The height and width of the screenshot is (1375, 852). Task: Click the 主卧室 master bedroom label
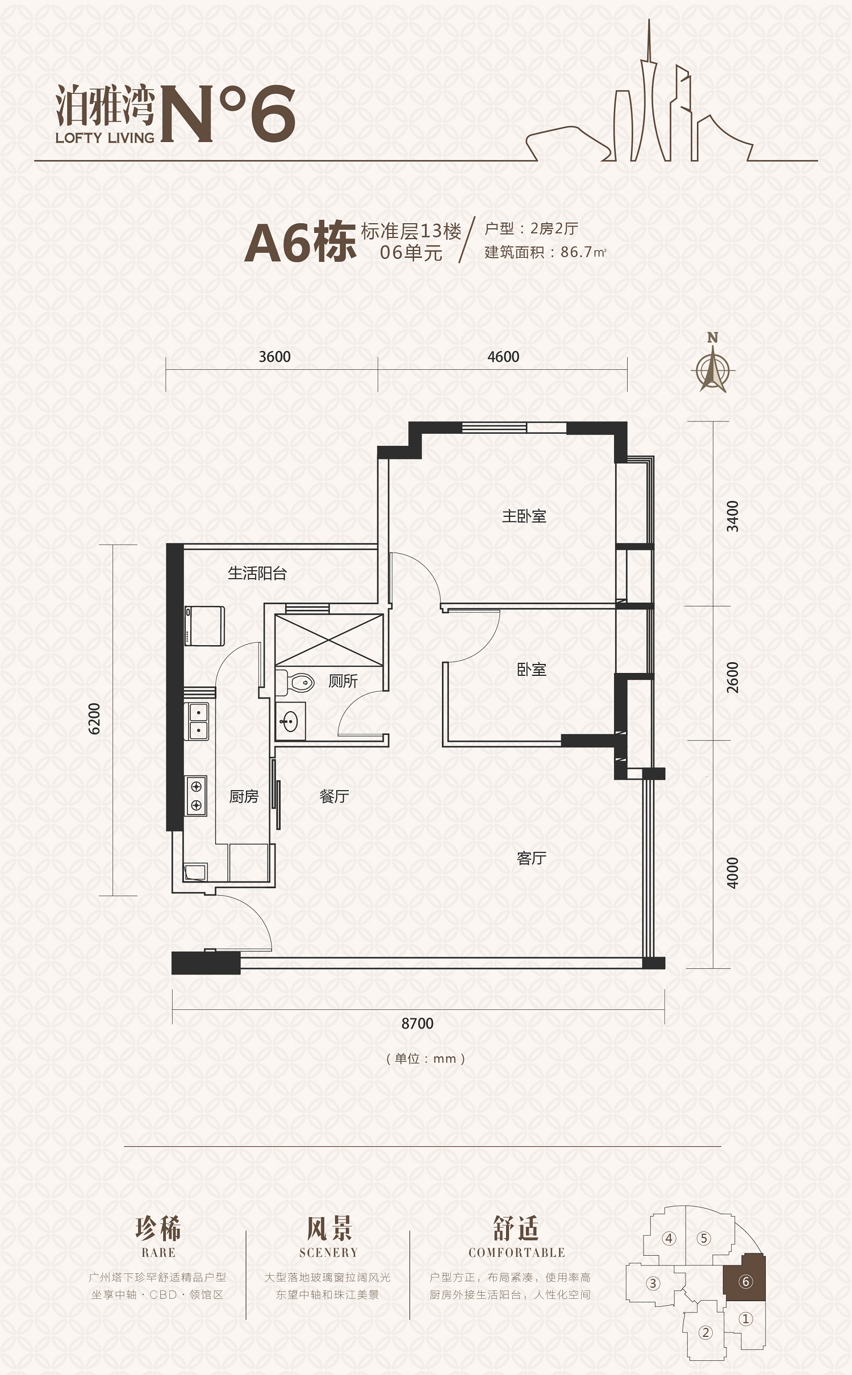(x=524, y=516)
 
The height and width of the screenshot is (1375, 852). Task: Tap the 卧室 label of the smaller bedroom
(x=531, y=670)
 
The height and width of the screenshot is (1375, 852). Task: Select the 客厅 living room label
(x=531, y=858)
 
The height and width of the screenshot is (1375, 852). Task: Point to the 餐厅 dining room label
(x=334, y=796)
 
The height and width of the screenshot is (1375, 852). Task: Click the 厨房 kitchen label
(x=244, y=797)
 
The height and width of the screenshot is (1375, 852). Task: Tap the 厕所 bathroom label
(x=343, y=681)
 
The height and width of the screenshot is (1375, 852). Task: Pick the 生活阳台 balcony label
(x=257, y=573)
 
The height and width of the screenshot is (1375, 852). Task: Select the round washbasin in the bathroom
(x=290, y=722)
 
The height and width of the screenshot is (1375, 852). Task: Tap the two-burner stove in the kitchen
(x=196, y=796)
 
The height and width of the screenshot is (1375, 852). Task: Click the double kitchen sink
(x=197, y=721)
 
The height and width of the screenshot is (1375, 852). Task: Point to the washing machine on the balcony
(x=204, y=625)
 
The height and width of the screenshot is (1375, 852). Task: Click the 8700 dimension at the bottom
(x=417, y=1023)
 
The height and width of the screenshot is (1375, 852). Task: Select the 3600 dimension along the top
(x=274, y=357)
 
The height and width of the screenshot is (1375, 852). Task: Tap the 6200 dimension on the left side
(x=94, y=718)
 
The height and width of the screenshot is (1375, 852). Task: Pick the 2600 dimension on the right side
(x=733, y=678)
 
